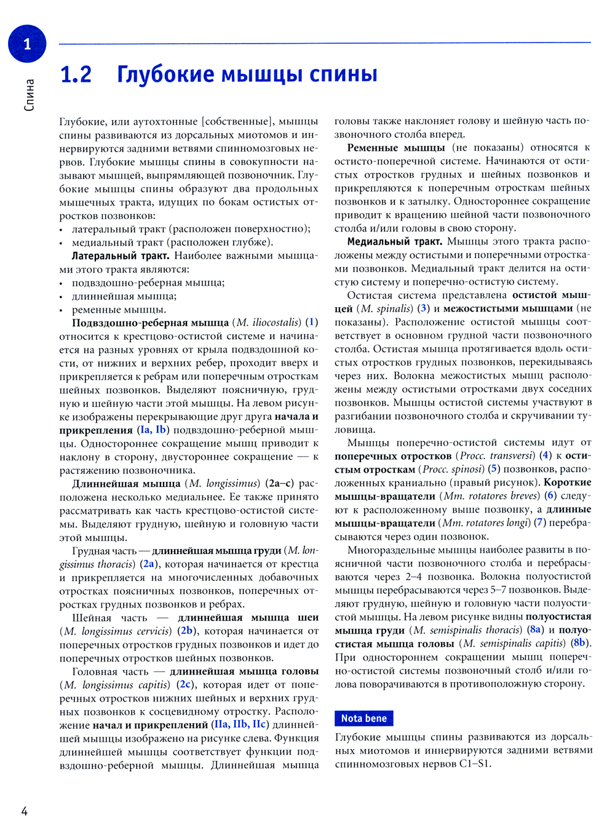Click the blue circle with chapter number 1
click(x=27, y=44)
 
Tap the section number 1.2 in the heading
click(x=76, y=74)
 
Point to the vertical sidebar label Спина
click(x=29, y=95)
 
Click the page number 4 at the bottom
click(x=25, y=811)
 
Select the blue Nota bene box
click(x=363, y=718)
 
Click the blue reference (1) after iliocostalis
click(x=312, y=323)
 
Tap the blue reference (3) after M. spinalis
click(x=423, y=308)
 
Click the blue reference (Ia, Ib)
click(x=153, y=430)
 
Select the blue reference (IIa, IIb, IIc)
click(x=240, y=724)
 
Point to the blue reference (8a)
click(x=536, y=630)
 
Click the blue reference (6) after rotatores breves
click(x=550, y=495)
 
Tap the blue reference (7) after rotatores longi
click(x=539, y=523)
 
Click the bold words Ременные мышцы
click(x=395, y=148)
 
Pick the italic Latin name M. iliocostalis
click(x=269, y=323)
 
